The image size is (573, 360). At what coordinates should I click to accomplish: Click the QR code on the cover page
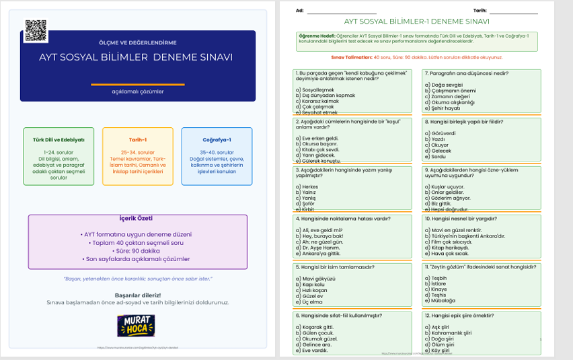coord(36,30)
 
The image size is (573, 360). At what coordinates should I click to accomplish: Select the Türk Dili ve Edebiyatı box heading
coord(59,140)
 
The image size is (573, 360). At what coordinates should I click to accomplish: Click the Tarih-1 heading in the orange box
coord(137,140)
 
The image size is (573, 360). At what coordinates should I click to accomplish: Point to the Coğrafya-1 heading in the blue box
coord(217,140)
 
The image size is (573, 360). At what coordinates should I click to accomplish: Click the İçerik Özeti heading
coord(137,219)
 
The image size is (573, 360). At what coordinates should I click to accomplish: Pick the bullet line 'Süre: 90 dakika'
coord(137,250)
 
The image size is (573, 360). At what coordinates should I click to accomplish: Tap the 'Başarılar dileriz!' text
coord(137,295)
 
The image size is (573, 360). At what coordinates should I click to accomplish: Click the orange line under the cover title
coord(137,84)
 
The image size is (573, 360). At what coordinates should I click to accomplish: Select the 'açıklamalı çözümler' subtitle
coord(137,92)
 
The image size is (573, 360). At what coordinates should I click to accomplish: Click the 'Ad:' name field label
coord(300,11)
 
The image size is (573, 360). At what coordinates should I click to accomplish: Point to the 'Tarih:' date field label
coord(480,11)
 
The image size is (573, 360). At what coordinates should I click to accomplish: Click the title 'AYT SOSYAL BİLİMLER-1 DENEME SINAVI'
coord(417,22)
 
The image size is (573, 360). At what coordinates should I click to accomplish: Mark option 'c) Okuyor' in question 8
coord(441,145)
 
